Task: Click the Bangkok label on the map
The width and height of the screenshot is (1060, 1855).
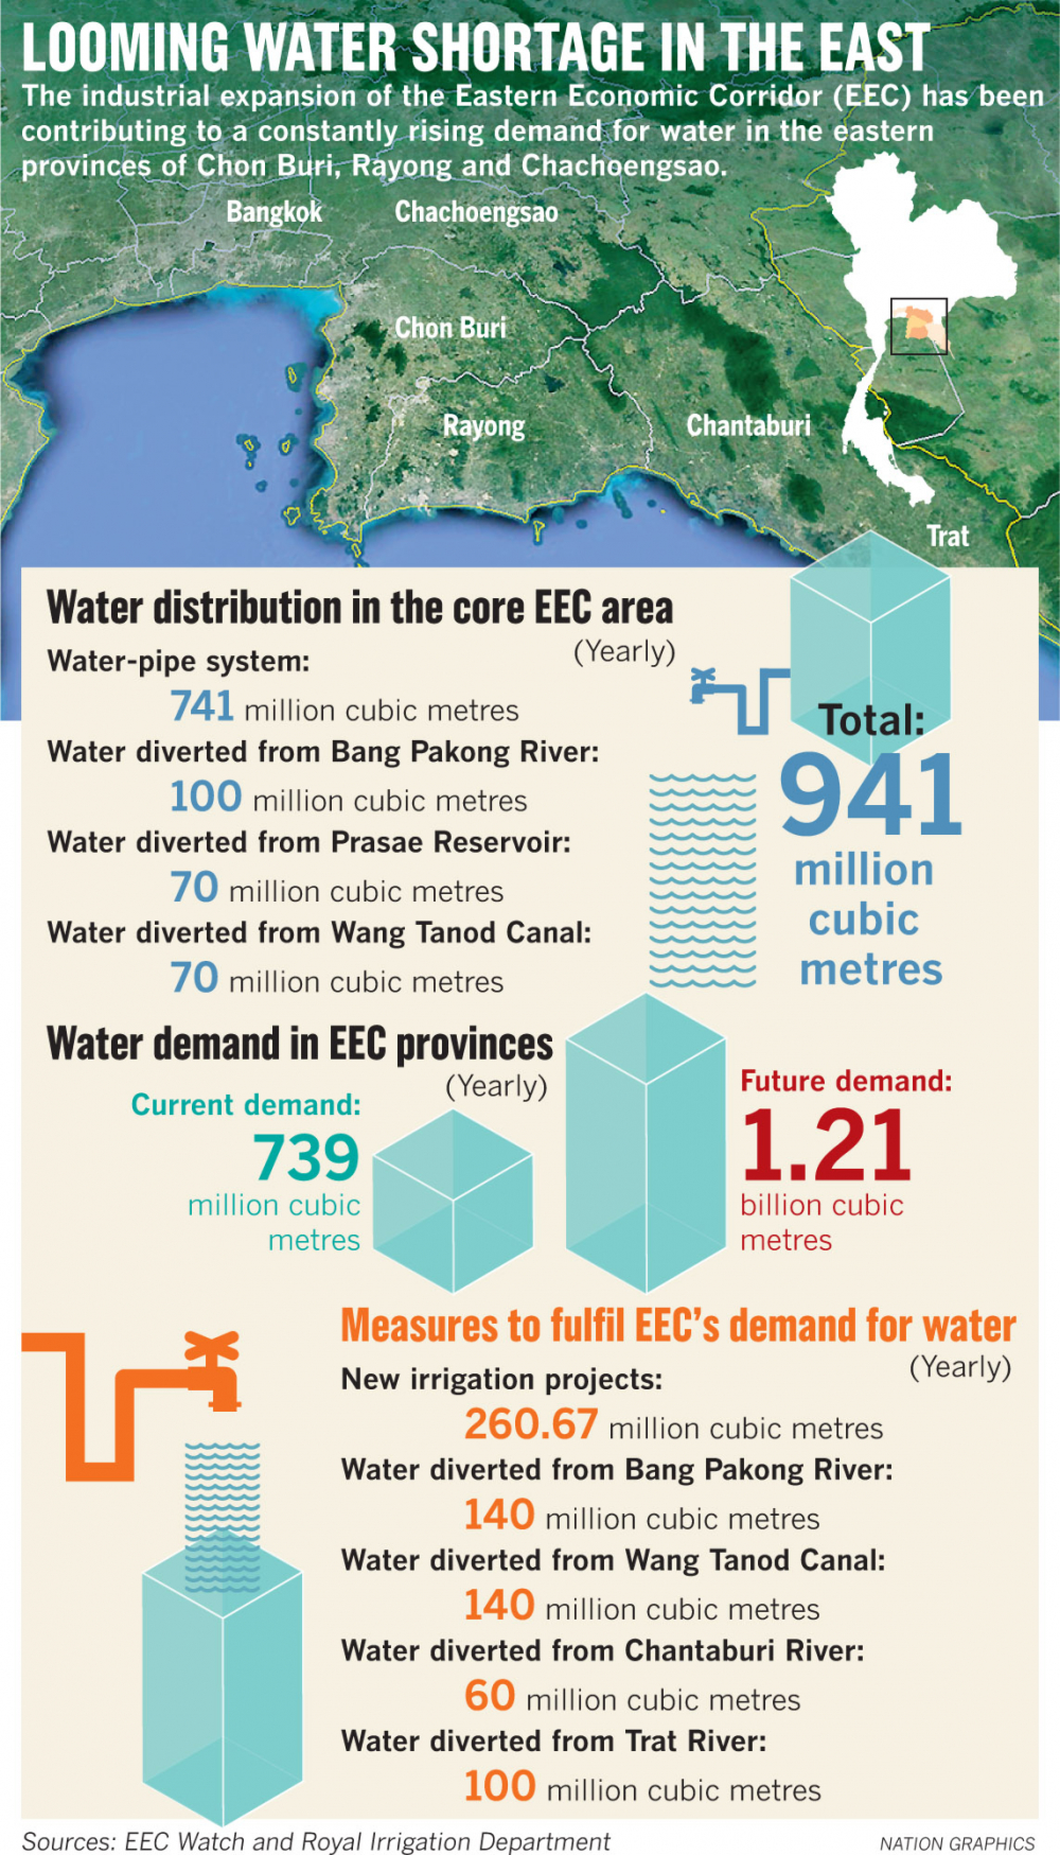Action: click(273, 212)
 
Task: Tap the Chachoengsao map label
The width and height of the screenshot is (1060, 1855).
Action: click(476, 212)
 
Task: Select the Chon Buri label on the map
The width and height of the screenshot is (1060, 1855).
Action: click(450, 328)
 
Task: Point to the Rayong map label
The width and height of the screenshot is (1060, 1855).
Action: click(483, 426)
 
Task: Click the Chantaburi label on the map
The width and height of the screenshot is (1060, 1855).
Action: click(748, 425)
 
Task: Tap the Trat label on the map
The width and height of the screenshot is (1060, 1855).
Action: click(947, 536)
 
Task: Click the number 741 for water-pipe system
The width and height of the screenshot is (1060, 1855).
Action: click(201, 706)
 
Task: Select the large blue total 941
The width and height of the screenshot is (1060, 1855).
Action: click(871, 795)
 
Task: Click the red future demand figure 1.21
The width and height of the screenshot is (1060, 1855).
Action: click(826, 1145)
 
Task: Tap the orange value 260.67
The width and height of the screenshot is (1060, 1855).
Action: click(531, 1423)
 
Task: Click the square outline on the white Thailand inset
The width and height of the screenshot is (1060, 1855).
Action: click(919, 326)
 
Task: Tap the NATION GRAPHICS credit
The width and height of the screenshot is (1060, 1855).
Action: click(957, 1843)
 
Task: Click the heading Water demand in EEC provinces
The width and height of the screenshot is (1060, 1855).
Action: click(299, 1044)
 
